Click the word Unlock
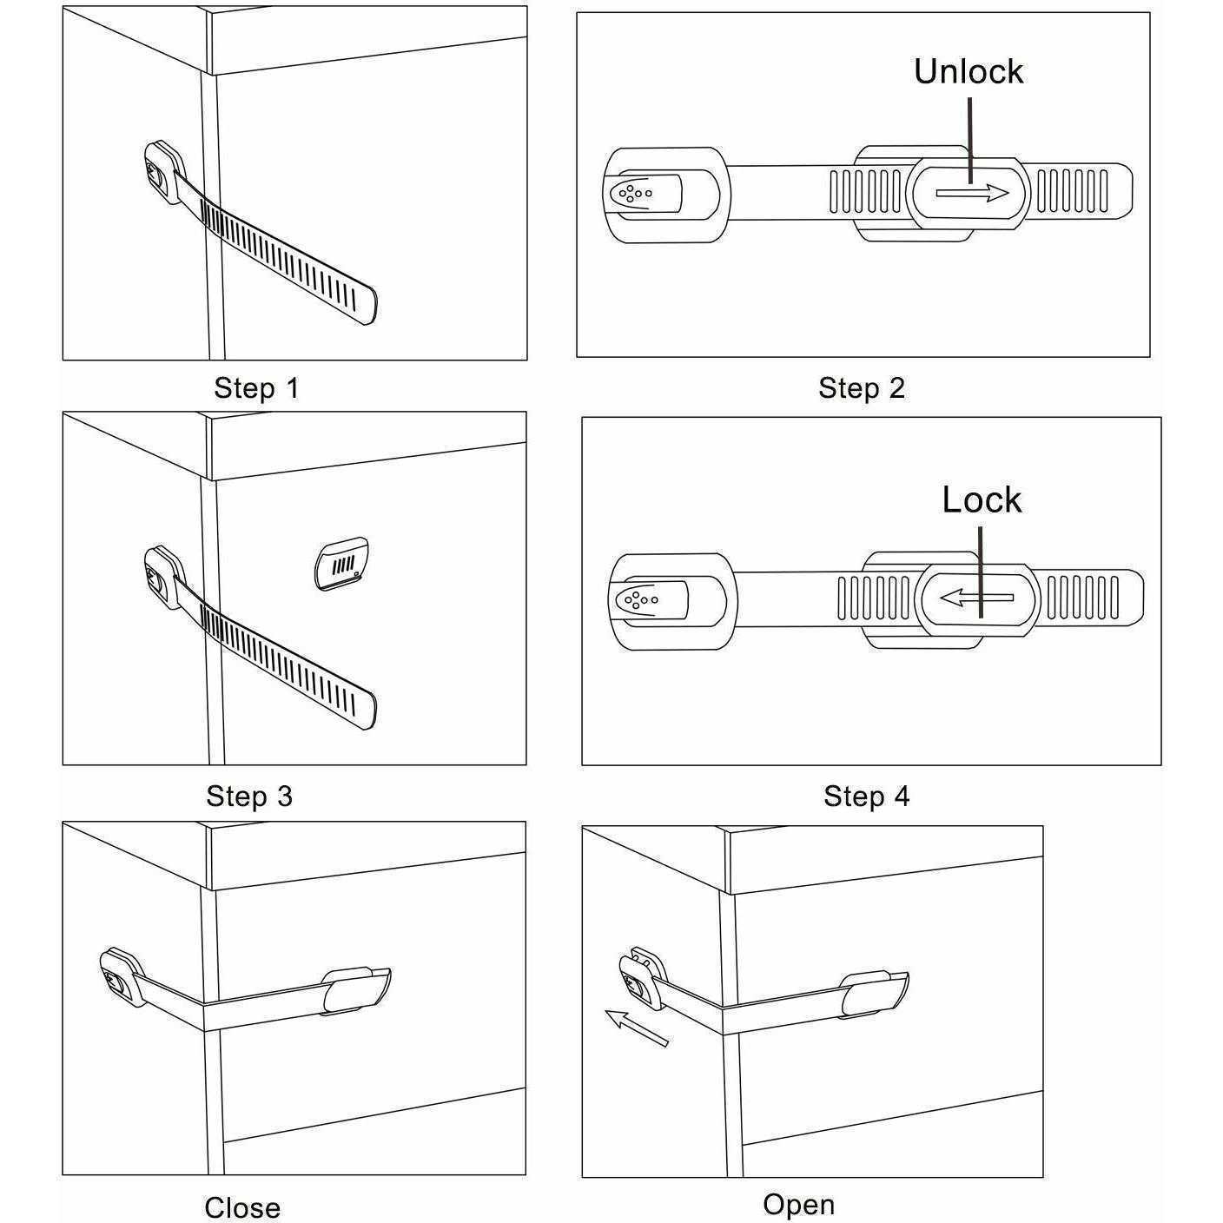click(x=968, y=71)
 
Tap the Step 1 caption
click(x=256, y=387)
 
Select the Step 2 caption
click(x=861, y=387)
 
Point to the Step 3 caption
click(x=249, y=796)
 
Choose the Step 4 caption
click(x=866, y=796)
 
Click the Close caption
click(x=242, y=1207)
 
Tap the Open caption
click(x=798, y=1204)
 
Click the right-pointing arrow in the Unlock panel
click(x=971, y=193)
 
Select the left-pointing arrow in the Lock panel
click(x=977, y=598)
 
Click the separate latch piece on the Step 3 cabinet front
click(x=341, y=565)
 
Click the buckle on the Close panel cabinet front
click(x=356, y=990)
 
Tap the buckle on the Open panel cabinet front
click(x=874, y=994)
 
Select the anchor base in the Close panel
click(x=118, y=977)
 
